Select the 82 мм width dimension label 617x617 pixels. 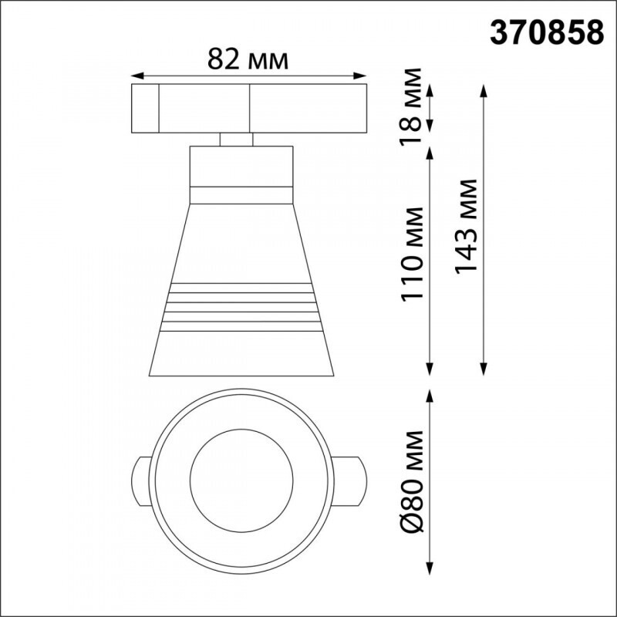pyautogui.click(x=248, y=58)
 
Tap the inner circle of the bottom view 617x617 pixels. pyautogui.click(x=241, y=469)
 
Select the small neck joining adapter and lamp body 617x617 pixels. pyautogui.click(x=236, y=140)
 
